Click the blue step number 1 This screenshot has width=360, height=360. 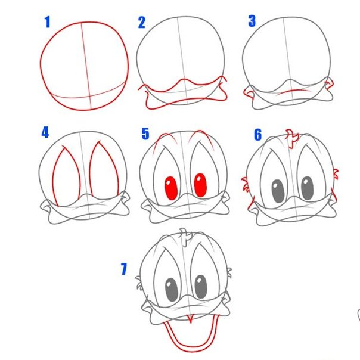[47, 22]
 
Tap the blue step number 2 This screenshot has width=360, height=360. [142, 23]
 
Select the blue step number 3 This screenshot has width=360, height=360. [252, 21]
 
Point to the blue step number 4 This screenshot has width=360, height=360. [45, 133]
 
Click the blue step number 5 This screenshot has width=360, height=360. [145, 134]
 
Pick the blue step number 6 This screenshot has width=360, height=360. [258, 135]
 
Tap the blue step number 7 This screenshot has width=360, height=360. [124, 269]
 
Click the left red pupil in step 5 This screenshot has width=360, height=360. [171, 188]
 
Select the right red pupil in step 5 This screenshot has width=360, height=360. [200, 185]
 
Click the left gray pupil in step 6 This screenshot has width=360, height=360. [278, 191]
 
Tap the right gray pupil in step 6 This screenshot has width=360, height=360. [307, 188]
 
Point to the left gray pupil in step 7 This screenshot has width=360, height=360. [172, 290]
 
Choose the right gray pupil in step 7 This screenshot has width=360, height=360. [201, 287]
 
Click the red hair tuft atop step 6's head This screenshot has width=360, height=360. [292, 138]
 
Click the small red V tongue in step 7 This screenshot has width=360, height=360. [190, 319]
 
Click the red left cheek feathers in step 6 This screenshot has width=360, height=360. [246, 184]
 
